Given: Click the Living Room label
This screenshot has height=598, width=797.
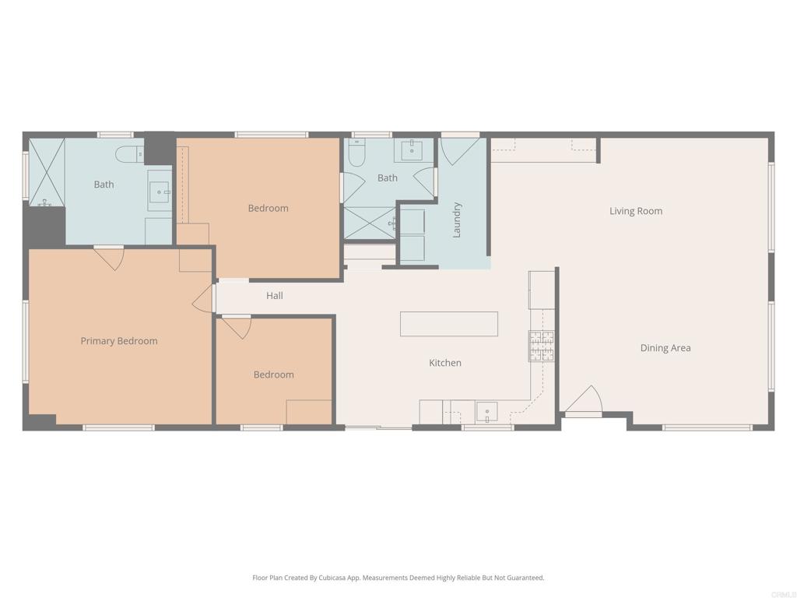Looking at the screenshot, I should [x=636, y=211].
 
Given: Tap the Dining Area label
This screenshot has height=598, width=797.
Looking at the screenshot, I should [x=665, y=348].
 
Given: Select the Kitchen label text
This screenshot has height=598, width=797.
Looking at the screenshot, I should [x=445, y=363].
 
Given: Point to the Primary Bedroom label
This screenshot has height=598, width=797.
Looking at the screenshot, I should [x=119, y=341].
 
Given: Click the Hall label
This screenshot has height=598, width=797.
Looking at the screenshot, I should [x=274, y=296].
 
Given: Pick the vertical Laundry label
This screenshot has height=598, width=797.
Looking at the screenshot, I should [x=457, y=220].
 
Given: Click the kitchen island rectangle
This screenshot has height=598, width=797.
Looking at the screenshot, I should [x=448, y=324].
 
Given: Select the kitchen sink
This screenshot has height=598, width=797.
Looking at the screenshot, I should [x=487, y=411].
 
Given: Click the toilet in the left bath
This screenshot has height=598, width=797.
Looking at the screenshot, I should [x=128, y=154].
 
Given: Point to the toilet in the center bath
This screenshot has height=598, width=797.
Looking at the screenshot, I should [x=356, y=155].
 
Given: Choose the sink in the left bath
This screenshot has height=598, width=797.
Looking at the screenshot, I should [x=159, y=192].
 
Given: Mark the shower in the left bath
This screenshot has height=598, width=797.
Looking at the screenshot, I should [x=47, y=172].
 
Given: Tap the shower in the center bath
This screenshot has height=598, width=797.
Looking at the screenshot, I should [x=370, y=223].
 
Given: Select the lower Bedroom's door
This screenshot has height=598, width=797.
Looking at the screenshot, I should [x=237, y=326].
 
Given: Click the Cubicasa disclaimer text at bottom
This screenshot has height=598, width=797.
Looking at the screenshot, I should [x=398, y=578].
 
